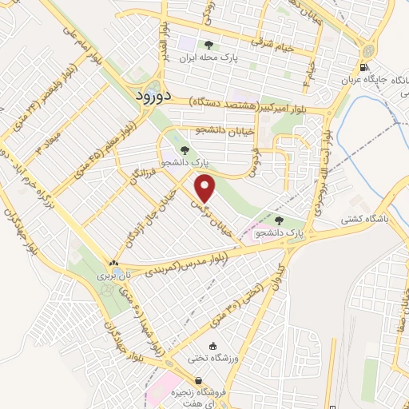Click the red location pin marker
[x=206, y=189]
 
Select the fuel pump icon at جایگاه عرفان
[x=364, y=68]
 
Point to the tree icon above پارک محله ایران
[x=209, y=45]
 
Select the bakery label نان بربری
[x=113, y=274]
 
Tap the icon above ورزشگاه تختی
[x=212, y=346]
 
